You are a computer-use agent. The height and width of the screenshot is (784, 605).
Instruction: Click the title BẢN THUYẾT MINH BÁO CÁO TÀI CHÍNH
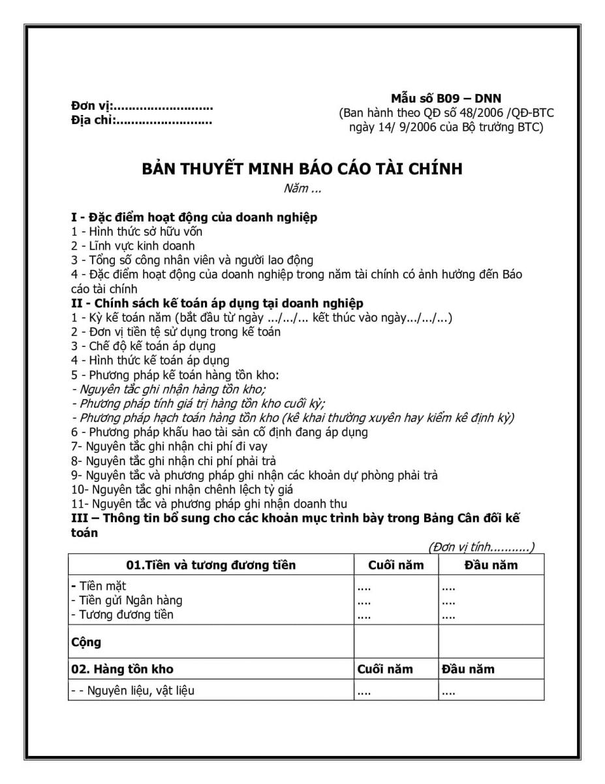pos(302,169)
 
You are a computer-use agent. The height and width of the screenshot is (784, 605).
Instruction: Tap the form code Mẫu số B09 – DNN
pos(446,99)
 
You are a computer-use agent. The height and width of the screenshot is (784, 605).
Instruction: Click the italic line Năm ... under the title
pos(302,189)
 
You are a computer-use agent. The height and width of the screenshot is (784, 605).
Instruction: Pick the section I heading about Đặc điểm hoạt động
pos(194,217)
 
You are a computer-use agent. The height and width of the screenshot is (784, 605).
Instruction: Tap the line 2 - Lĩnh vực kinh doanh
pos(133,246)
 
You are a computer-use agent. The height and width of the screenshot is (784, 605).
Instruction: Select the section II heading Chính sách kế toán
pos(217,303)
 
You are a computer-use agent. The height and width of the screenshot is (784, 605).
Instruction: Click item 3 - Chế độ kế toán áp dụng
pos(144,346)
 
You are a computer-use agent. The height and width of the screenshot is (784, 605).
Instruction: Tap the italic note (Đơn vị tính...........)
pos(481,547)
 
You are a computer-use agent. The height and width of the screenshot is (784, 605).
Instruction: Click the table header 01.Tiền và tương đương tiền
pos(211,565)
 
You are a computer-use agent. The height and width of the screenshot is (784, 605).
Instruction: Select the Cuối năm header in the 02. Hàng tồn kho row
pos(386,669)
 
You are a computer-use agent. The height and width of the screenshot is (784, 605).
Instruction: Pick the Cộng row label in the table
pos(86,642)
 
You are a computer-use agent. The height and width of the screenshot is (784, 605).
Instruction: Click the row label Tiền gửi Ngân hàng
pos(127,600)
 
